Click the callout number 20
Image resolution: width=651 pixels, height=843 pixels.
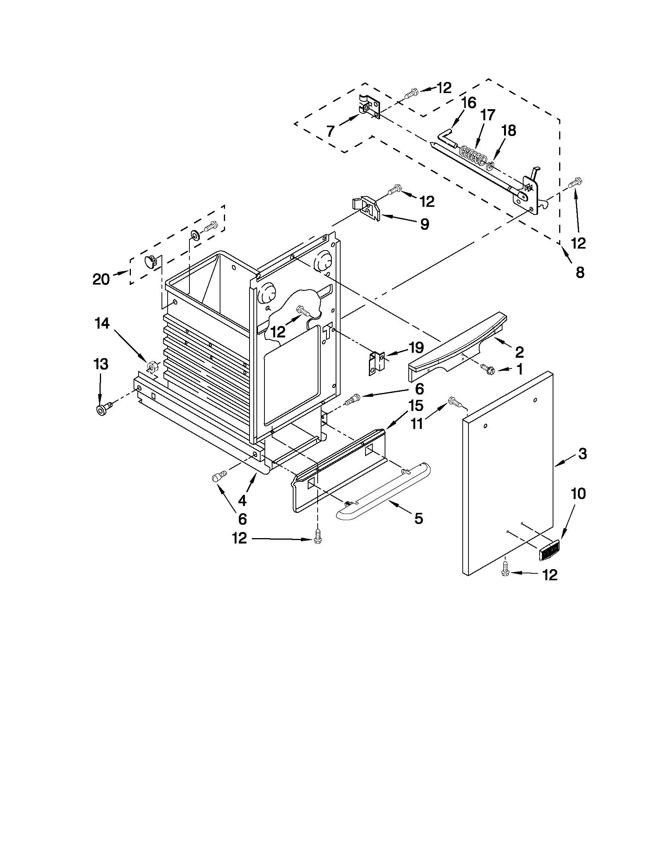tap(101, 279)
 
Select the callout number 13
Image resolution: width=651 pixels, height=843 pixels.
tap(101, 364)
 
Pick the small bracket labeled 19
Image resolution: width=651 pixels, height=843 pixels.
tap(376, 363)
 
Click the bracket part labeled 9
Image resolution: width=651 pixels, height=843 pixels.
tap(366, 209)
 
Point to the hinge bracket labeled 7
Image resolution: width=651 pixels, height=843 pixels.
tap(369, 108)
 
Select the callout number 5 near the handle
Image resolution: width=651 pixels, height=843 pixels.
tap(418, 518)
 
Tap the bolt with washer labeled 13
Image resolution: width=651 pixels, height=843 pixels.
tap(103, 410)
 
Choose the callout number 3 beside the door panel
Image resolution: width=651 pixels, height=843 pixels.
tap(582, 454)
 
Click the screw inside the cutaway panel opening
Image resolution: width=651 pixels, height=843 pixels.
tap(302, 310)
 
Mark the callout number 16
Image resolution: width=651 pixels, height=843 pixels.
tap(468, 103)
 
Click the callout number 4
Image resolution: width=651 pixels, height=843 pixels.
tap(242, 501)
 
